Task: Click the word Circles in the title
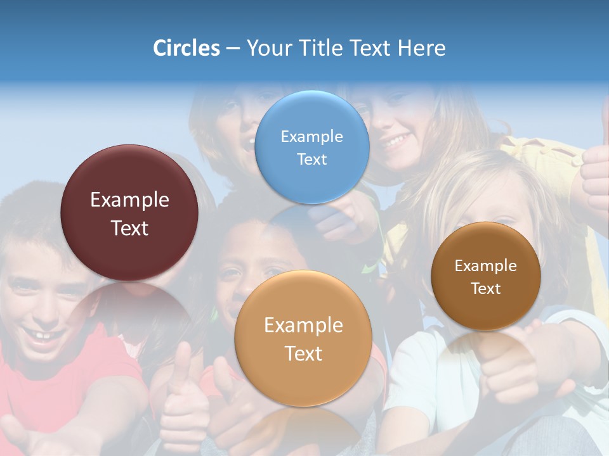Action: click(x=186, y=48)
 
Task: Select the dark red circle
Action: click(x=129, y=213)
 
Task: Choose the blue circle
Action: click(x=311, y=147)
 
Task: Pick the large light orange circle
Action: click(x=303, y=338)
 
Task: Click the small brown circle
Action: click(x=486, y=276)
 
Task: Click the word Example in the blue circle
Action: click(x=311, y=136)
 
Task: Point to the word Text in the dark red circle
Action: click(x=129, y=228)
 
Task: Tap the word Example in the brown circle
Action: click(x=486, y=265)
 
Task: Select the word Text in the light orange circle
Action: click(x=303, y=353)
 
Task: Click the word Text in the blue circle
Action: click(x=311, y=159)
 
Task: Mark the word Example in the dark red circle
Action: click(x=129, y=199)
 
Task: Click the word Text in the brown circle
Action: click(x=486, y=288)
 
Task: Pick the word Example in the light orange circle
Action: click(x=303, y=325)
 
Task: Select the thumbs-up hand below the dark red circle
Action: click(x=184, y=399)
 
